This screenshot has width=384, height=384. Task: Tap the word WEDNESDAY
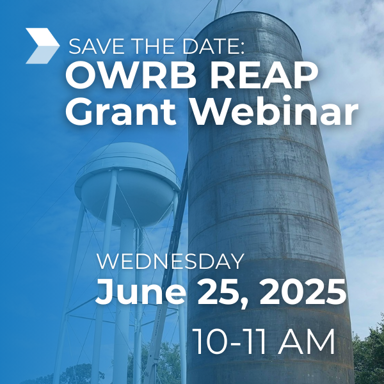click(x=170, y=262)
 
